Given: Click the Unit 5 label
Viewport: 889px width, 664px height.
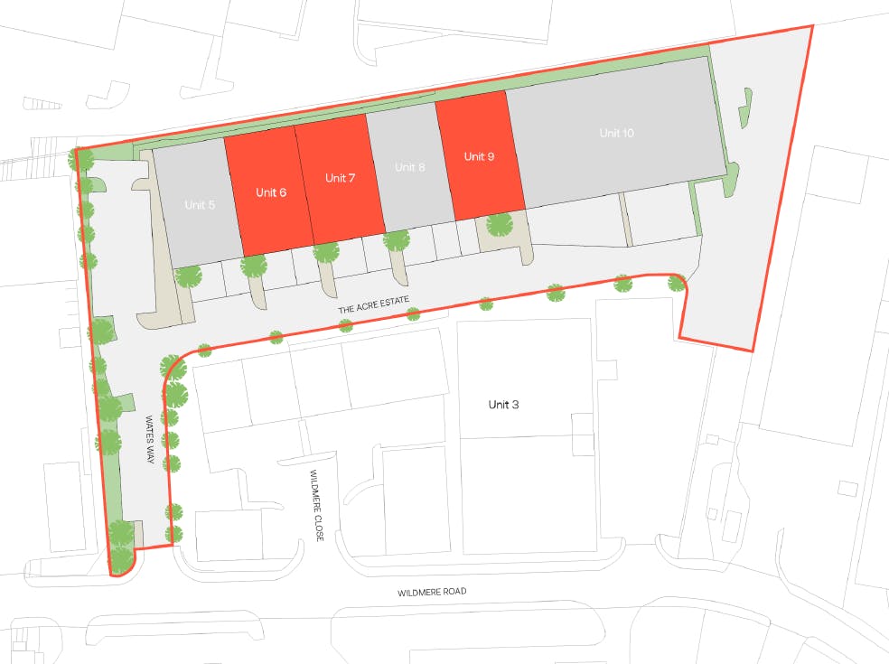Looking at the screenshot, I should [x=200, y=205].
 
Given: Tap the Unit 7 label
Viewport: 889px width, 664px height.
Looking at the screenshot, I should [x=340, y=178].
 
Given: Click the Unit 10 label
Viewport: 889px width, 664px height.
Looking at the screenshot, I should [x=617, y=134].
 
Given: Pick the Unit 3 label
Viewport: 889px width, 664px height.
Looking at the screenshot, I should [x=503, y=405].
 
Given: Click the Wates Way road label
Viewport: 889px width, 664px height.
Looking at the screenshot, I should [x=151, y=440].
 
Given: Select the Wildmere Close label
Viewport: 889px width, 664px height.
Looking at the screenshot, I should [x=317, y=505].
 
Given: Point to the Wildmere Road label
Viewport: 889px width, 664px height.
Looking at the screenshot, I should [x=432, y=593].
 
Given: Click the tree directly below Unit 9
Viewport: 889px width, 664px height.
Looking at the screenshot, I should [x=499, y=224].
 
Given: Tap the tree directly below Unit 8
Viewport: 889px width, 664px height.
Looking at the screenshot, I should [x=396, y=240].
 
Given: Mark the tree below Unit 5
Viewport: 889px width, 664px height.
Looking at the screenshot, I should [x=189, y=276].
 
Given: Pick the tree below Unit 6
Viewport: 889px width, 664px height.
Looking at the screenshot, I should [x=254, y=266].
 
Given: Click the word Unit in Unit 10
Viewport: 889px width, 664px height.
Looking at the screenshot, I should [x=610, y=134].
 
